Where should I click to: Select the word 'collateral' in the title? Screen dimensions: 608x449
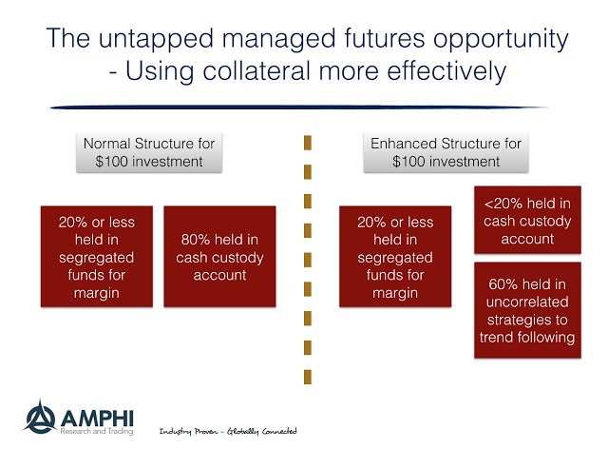(256, 71)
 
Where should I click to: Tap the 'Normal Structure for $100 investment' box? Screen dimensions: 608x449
(149, 152)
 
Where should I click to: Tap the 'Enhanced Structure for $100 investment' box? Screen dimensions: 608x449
(446, 152)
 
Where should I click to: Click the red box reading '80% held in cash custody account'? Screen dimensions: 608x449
(219, 257)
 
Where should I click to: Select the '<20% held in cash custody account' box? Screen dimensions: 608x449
(527, 221)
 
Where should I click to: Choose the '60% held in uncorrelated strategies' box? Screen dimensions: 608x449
(527, 310)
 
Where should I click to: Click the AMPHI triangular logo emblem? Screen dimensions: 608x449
(40, 417)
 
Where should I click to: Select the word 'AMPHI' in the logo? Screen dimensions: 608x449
(97, 419)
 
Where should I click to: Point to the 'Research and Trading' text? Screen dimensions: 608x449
(97, 431)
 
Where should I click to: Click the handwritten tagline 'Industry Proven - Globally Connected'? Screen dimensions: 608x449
(228, 431)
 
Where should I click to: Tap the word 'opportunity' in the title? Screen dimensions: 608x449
(501, 40)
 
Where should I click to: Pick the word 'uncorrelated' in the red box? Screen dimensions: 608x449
(527, 303)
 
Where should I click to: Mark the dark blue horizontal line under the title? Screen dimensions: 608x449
(300, 107)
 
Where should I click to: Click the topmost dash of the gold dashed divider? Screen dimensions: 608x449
(308, 143)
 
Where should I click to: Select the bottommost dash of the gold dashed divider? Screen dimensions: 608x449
(308, 377)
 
